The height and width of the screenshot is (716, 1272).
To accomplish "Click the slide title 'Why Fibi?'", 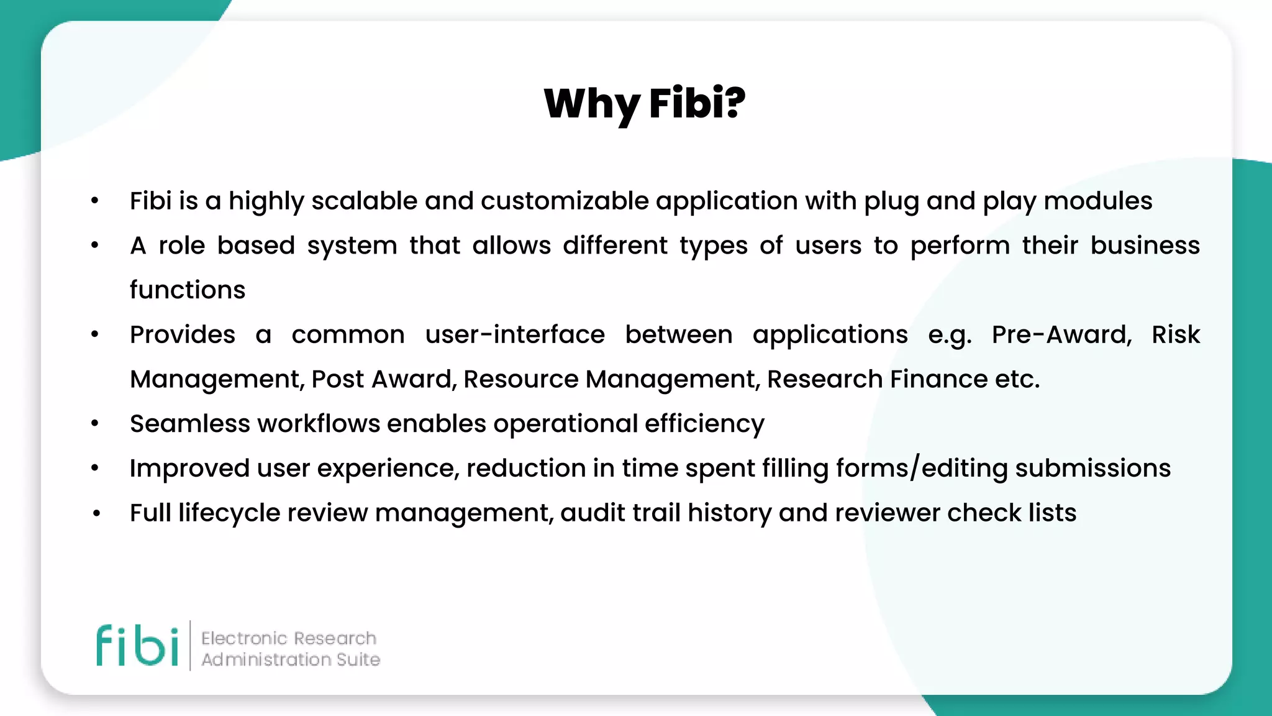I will [644, 103].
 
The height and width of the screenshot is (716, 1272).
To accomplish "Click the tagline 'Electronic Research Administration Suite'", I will [290, 648].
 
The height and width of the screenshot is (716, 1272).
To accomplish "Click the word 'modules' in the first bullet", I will [1097, 201].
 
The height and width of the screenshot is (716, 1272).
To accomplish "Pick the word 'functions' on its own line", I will [188, 290].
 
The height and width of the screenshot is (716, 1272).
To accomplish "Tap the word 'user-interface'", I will [514, 334].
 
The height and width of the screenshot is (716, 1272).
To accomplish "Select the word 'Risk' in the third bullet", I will [1175, 334].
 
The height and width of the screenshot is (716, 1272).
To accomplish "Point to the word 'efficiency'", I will [704, 424].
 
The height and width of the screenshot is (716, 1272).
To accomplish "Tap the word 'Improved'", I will [189, 468].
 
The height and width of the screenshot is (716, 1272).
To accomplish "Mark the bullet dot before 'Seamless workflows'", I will [95, 424].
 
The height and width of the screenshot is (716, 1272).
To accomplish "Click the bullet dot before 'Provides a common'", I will [95, 334].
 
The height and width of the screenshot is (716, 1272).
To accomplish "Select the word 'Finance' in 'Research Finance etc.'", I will [938, 379].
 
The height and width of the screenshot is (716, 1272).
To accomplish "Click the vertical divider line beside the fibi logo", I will [190, 645].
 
